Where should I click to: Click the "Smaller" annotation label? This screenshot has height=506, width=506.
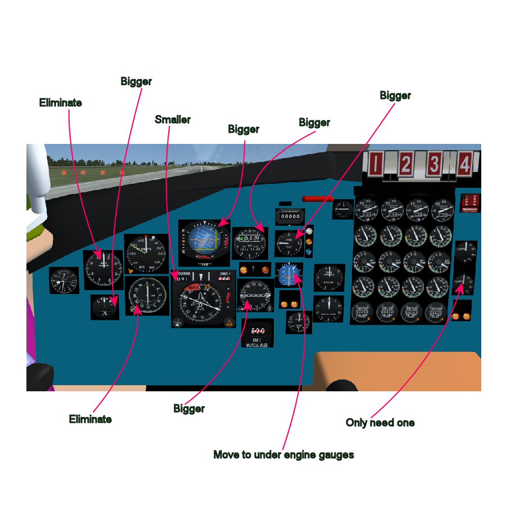click(x=173, y=120)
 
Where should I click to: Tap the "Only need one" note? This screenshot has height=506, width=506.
click(x=380, y=423)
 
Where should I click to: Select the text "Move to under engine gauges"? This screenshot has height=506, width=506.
click(x=283, y=454)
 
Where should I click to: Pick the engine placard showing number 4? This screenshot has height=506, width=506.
click(x=464, y=165)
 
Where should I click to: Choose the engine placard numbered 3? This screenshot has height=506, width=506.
click(x=434, y=165)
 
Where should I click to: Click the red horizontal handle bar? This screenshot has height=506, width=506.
click(x=318, y=198)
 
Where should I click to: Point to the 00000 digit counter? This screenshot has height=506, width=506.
click(x=290, y=216)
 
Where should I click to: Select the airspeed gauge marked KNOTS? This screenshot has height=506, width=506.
click(x=146, y=253)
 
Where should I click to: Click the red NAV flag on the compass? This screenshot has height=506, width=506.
click(x=194, y=287)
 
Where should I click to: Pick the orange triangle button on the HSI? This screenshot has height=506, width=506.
click(x=229, y=323)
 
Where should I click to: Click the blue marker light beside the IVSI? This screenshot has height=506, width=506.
click(x=309, y=252)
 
